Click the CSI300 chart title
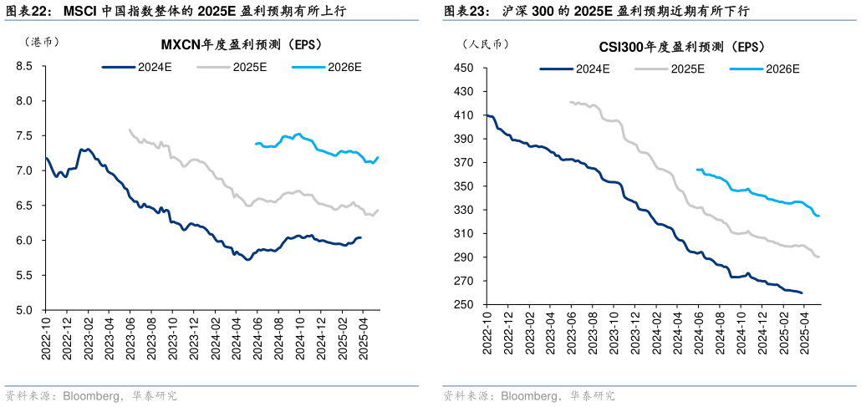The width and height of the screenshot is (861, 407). (x=681, y=47)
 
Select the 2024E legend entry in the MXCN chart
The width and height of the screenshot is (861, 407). (x=137, y=66)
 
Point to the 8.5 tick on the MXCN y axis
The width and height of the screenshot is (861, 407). (x=24, y=66)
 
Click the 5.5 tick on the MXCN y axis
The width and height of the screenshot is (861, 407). (x=24, y=275)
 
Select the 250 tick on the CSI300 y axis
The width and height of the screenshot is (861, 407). (x=463, y=305)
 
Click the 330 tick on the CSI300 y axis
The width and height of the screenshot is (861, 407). (x=463, y=211)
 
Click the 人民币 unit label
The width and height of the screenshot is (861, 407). (x=485, y=43)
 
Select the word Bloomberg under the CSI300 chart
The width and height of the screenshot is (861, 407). (x=530, y=395)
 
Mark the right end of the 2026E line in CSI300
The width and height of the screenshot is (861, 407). (x=818, y=216)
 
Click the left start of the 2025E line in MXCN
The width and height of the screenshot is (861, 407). (x=130, y=130)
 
